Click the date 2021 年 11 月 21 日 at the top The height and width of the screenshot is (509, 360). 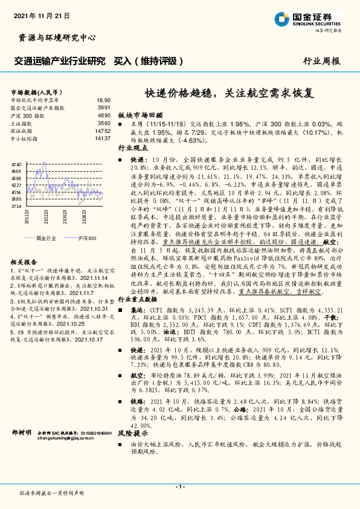[x=42, y=14]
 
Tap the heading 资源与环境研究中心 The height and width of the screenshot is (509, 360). [x=54, y=38]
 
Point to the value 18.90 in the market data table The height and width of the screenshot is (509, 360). [x=103, y=100]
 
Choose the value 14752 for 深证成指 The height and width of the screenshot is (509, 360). [x=103, y=130]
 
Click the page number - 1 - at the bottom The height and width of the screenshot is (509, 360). [x=179, y=487]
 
